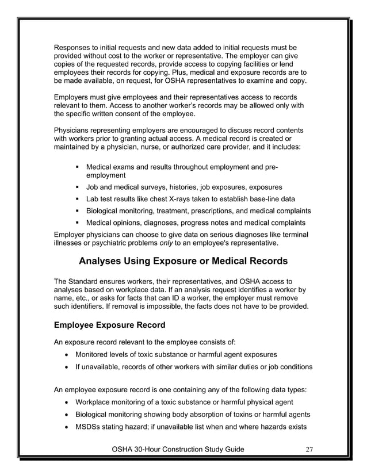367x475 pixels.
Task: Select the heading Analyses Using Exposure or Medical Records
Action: click(x=183, y=262)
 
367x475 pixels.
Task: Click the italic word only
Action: click(x=166, y=244)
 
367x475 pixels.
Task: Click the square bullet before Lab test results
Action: click(x=77, y=199)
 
